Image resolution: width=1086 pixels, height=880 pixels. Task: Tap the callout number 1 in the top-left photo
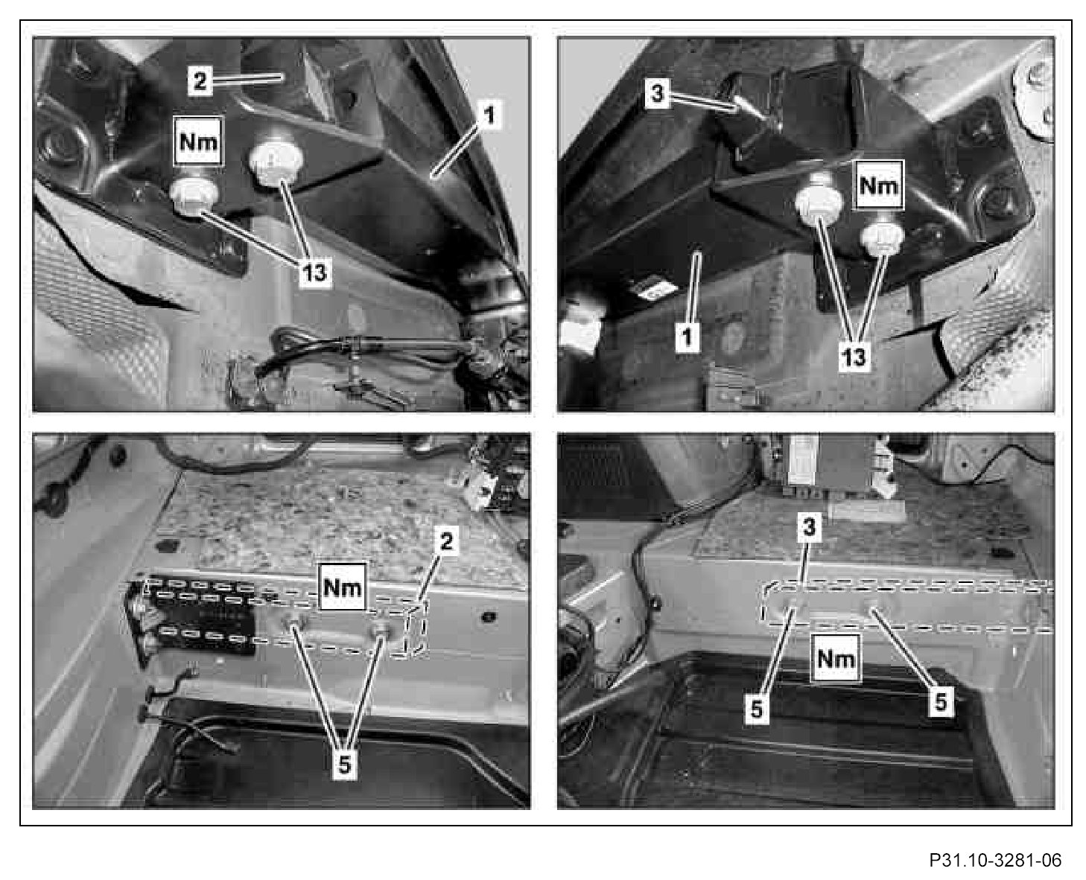pos(490,115)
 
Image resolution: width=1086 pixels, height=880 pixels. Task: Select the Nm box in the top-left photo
pos(198,141)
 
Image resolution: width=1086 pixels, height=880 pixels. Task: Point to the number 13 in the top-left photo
pos(314,272)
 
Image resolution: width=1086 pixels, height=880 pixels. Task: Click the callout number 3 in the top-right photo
pos(657,95)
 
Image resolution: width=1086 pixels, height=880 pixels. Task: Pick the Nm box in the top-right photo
pos(878,185)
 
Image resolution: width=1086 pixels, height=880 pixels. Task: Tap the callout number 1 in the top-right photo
pos(687,337)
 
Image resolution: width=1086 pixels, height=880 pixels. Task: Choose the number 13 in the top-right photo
pos(854,357)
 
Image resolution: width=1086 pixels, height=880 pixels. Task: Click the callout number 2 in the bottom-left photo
pos(446,541)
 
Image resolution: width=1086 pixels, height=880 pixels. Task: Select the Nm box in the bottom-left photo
pos(343,587)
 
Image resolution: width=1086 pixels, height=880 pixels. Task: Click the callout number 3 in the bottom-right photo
pos(810,527)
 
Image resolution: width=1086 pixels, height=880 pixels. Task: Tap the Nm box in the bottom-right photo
pos(835,659)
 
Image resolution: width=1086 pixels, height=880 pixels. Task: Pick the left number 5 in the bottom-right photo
pos(757,709)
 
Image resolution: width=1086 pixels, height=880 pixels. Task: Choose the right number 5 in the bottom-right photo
pos(940,701)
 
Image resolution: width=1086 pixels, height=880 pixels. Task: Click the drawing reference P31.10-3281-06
pos(994,846)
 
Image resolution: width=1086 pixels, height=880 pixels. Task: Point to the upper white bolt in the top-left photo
pos(276,162)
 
